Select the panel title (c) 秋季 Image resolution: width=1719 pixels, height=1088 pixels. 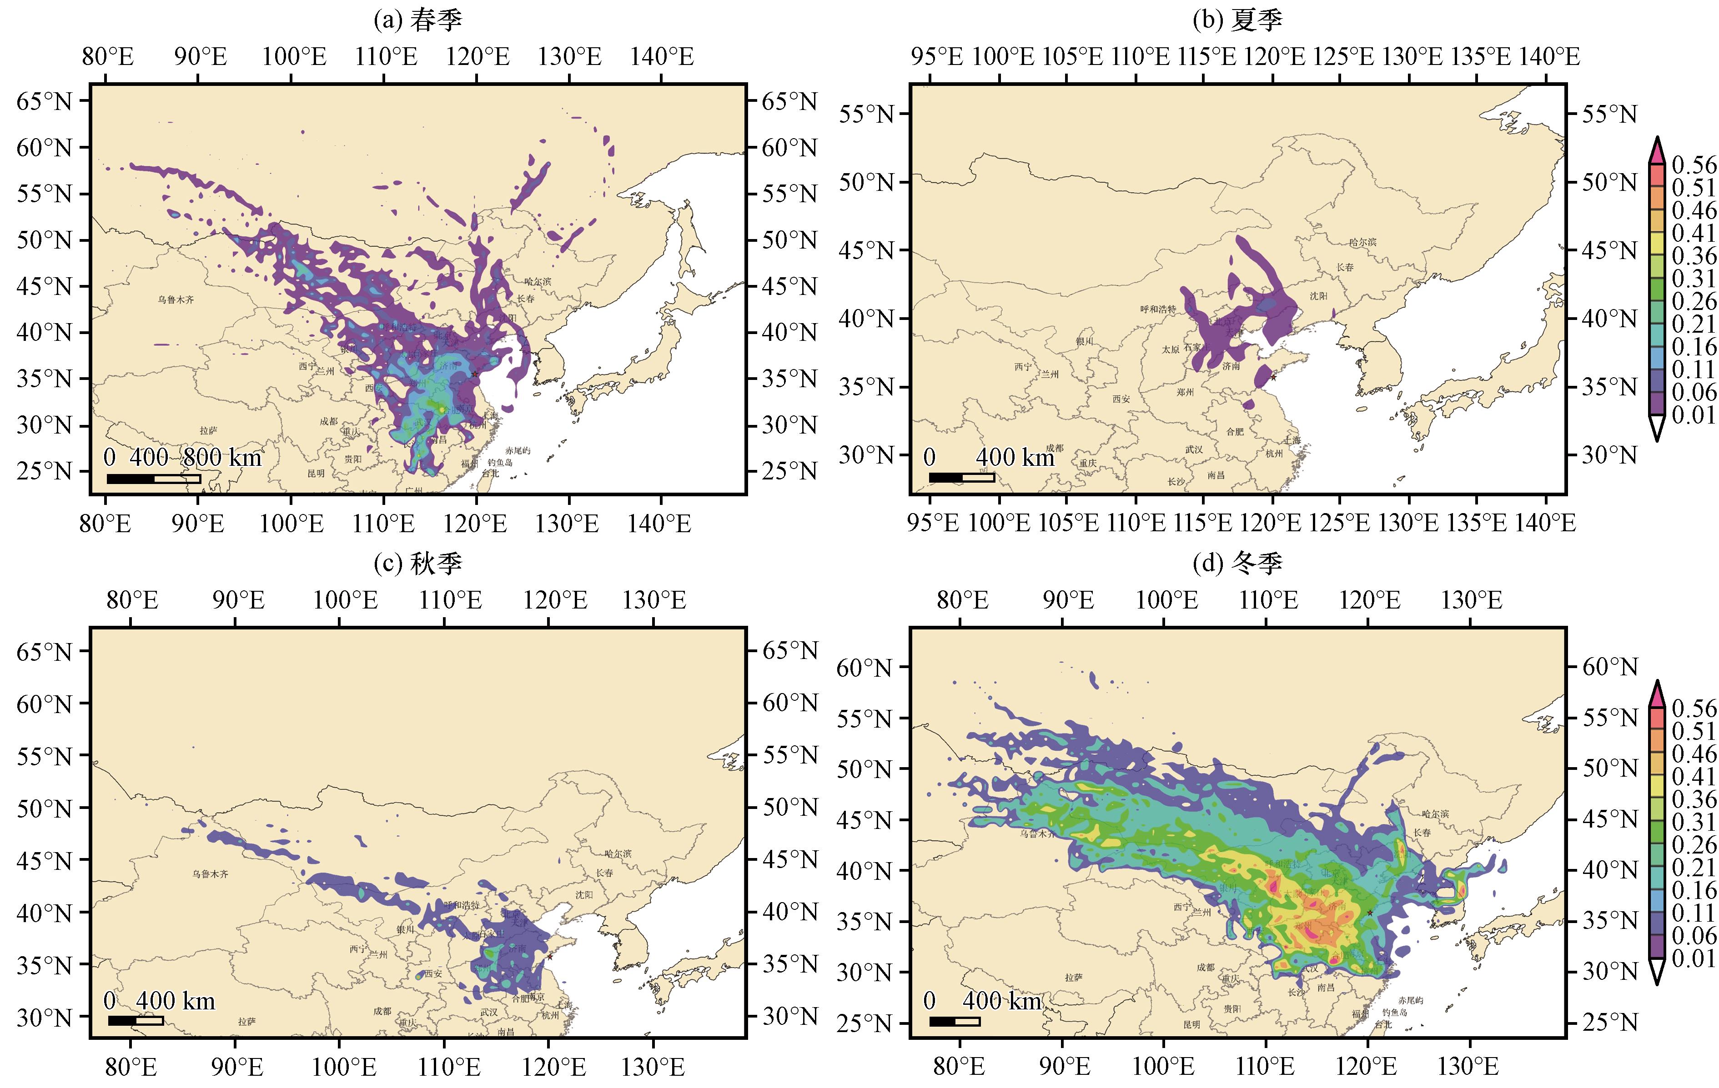pyautogui.click(x=417, y=564)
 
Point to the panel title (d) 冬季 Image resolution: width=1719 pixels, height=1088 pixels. pyautogui.click(x=1237, y=564)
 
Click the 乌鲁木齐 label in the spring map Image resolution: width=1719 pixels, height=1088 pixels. pyautogui.click(x=176, y=299)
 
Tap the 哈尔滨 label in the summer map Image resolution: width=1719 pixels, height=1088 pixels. pyautogui.click(x=1362, y=243)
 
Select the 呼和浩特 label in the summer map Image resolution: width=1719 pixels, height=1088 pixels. pyautogui.click(x=1157, y=309)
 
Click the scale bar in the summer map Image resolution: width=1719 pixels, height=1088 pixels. pyautogui.click(x=961, y=477)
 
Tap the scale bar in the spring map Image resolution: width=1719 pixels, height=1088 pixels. pyautogui.click(x=154, y=479)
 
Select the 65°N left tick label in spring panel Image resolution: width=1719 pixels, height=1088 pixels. pyautogui.click(x=44, y=101)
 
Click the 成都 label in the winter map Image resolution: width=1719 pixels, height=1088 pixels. pyautogui.click(x=1205, y=968)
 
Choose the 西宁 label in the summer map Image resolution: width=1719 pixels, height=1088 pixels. pyautogui.click(x=1022, y=367)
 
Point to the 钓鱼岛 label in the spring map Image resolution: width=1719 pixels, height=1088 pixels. pyautogui.click(x=500, y=462)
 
